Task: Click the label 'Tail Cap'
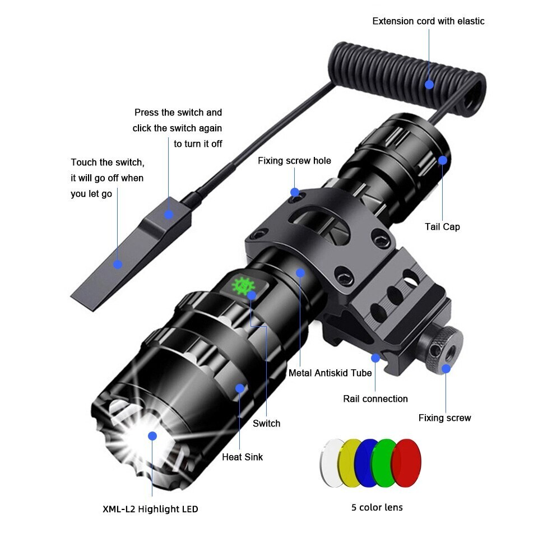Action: [442, 227]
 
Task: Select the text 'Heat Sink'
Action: [242, 457]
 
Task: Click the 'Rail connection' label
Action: [375, 399]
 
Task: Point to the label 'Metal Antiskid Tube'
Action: [330, 373]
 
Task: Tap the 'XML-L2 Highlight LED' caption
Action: [150, 509]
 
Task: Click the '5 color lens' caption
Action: [377, 507]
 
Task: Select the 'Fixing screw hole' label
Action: [294, 161]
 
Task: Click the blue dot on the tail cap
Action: [443, 160]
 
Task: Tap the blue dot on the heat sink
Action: [240, 388]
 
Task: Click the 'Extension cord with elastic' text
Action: [428, 21]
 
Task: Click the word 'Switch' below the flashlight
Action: [266, 423]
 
